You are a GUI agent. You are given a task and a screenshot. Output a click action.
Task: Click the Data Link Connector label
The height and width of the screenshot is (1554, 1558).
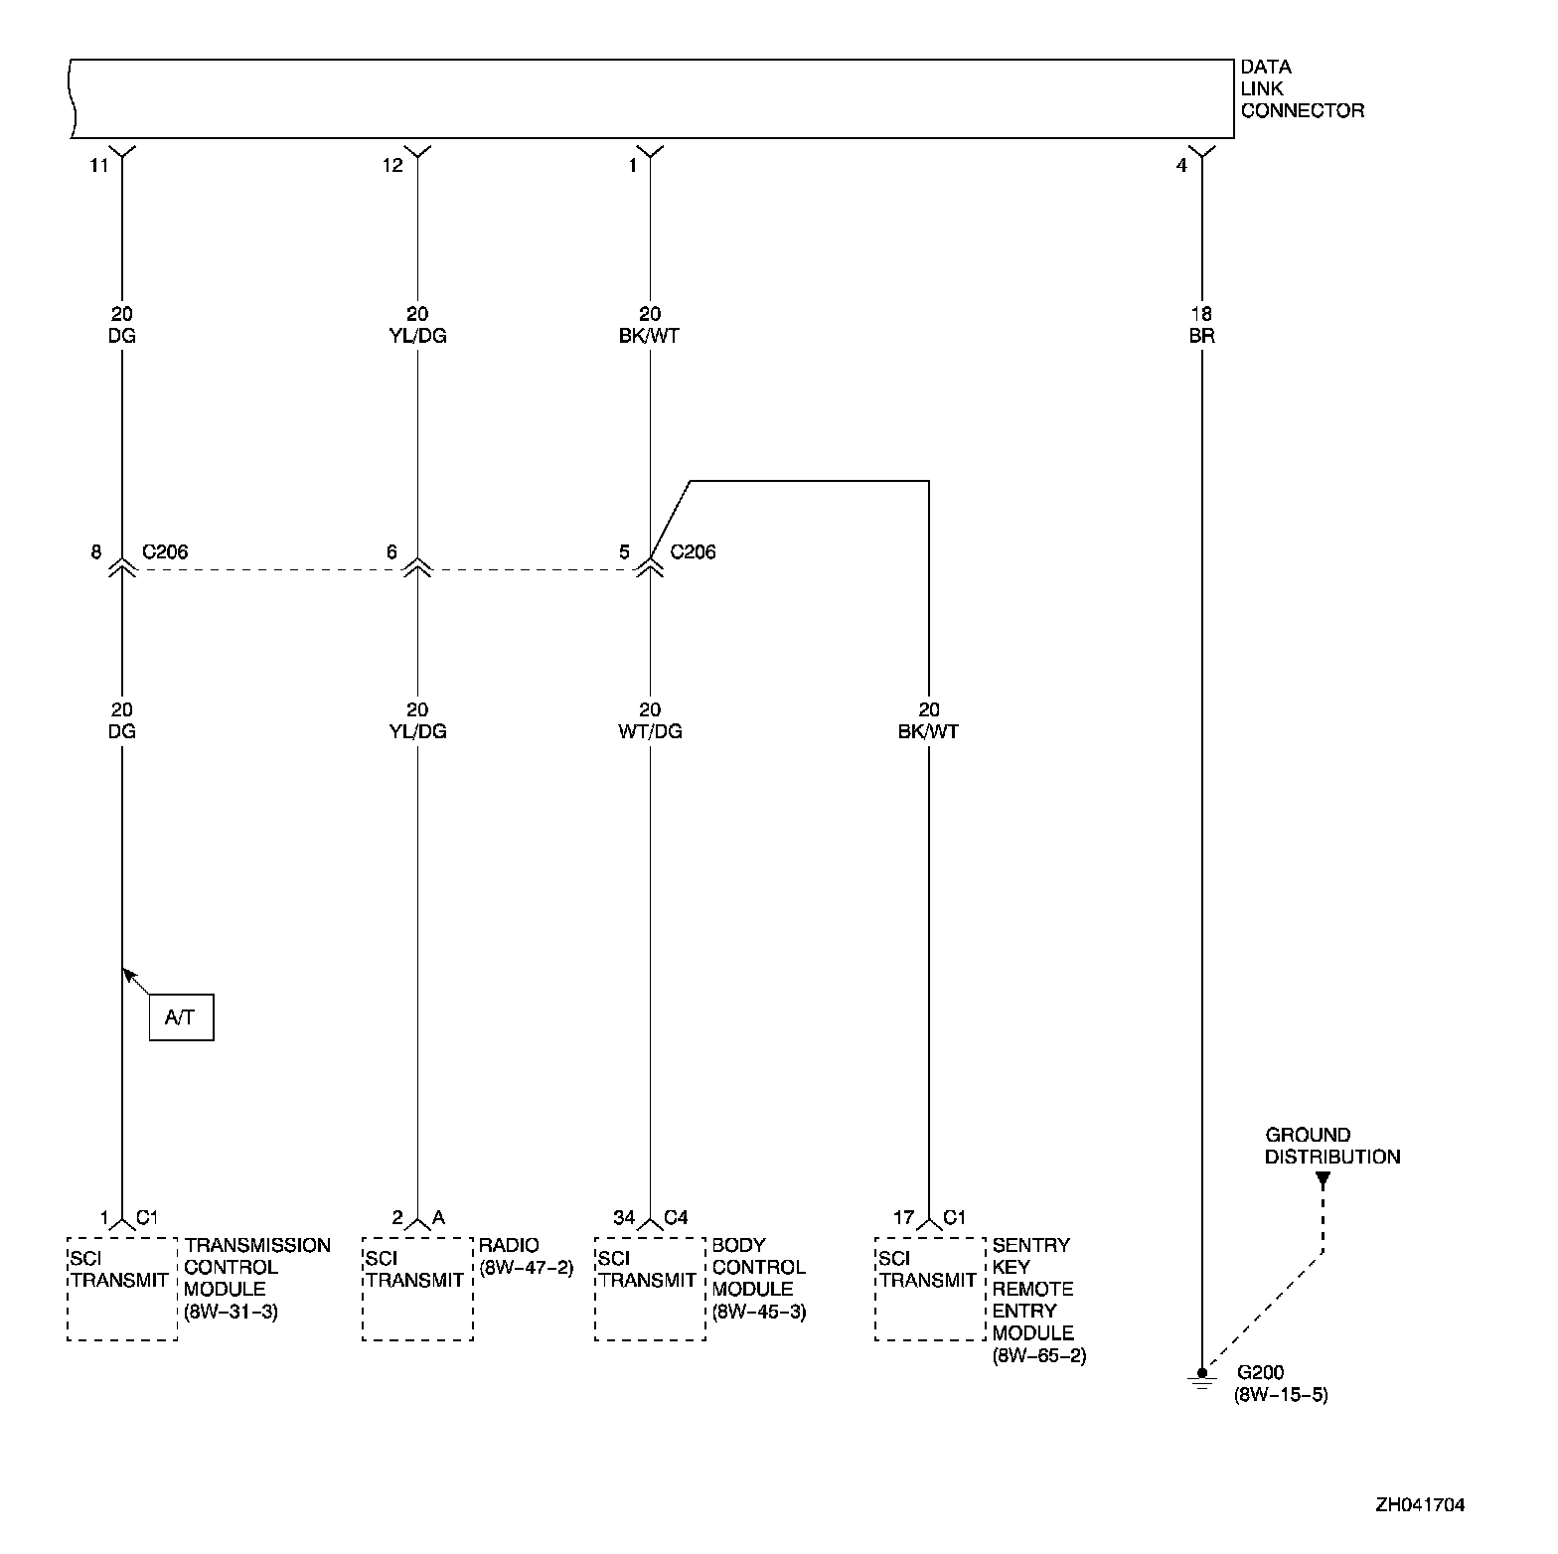pyautogui.click(x=1302, y=89)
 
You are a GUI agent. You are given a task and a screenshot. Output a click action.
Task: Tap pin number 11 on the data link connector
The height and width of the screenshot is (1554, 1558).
pyautogui.click(x=98, y=166)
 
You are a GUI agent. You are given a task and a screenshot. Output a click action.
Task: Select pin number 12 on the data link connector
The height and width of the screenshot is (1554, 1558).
pyautogui.click(x=393, y=166)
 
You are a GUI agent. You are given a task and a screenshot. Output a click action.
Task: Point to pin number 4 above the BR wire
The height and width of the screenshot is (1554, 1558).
pyautogui.click(x=1181, y=166)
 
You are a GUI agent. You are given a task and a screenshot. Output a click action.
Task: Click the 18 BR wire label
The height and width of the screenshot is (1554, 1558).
pyautogui.click(x=1201, y=325)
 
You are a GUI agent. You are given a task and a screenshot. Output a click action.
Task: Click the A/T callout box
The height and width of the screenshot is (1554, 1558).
pyautogui.click(x=181, y=1017)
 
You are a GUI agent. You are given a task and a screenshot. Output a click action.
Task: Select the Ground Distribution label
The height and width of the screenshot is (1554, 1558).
pyautogui.click(x=1331, y=1146)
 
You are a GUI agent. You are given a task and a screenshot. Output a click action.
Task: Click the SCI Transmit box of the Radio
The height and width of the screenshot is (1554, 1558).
pyautogui.click(x=417, y=1289)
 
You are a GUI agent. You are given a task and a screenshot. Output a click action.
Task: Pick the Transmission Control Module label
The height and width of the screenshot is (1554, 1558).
pyautogui.click(x=256, y=1278)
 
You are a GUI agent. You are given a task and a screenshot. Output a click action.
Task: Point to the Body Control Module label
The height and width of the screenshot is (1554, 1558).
pyautogui.click(x=758, y=1278)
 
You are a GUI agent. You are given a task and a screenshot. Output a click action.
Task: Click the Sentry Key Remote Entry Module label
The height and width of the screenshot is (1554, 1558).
pyautogui.click(x=1038, y=1300)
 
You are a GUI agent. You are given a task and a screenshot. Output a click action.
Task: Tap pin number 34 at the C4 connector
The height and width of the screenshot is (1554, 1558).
pyautogui.click(x=623, y=1218)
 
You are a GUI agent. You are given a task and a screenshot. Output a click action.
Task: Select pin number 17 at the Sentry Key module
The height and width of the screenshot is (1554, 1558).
pyautogui.click(x=903, y=1218)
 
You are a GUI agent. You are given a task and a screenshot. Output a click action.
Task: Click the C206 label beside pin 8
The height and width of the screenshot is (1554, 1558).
pyautogui.click(x=165, y=552)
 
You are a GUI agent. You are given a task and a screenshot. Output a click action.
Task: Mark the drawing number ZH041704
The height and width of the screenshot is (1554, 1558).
pyautogui.click(x=1420, y=1505)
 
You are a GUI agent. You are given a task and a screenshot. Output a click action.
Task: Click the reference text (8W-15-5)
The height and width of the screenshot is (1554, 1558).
pyautogui.click(x=1281, y=1395)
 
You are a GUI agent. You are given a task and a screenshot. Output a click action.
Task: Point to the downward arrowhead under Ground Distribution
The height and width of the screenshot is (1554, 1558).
pyautogui.click(x=1323, y=1180)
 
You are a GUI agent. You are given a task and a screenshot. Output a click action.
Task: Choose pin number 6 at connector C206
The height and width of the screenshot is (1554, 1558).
pyautogui.click(x=392, y=552)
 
